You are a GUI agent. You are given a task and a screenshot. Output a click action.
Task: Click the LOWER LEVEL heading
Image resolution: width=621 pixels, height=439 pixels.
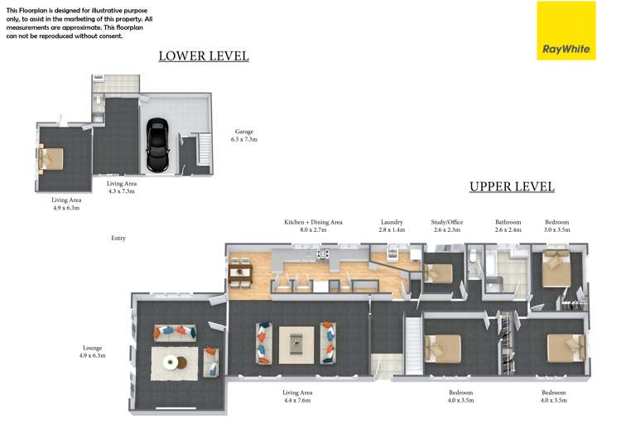pos(204,56)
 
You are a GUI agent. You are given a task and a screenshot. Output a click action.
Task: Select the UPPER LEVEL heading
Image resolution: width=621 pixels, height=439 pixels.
pos(512,186)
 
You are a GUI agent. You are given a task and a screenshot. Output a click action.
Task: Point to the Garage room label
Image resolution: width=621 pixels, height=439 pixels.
pos(243,132)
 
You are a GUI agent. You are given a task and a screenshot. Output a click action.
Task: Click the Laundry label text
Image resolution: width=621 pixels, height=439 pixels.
pos(392,222)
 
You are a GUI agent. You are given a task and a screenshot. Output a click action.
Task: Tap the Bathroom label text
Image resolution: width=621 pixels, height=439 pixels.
pos(508,222)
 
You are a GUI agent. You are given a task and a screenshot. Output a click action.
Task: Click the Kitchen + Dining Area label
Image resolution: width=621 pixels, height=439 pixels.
pos(313,222)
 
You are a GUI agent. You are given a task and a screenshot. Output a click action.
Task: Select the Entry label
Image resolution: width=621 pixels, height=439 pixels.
pos(118,238)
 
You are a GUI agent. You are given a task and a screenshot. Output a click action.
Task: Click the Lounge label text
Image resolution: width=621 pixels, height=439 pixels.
pos(92,348)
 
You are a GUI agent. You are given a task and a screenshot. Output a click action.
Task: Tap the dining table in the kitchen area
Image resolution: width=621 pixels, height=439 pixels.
pos(240,275)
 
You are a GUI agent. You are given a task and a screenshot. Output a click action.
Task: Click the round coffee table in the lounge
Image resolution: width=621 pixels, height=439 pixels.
pos(171,361)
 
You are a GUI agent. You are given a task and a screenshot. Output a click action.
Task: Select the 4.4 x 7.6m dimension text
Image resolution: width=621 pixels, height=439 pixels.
pos(296,401)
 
